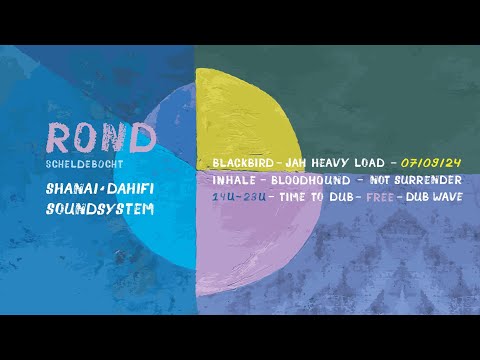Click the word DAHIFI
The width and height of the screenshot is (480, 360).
click(130, 189)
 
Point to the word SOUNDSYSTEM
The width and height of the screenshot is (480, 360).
click(101, 210)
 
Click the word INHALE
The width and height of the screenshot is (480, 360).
click(234, 180)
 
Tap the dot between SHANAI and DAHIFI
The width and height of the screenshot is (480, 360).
click(101, 189)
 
